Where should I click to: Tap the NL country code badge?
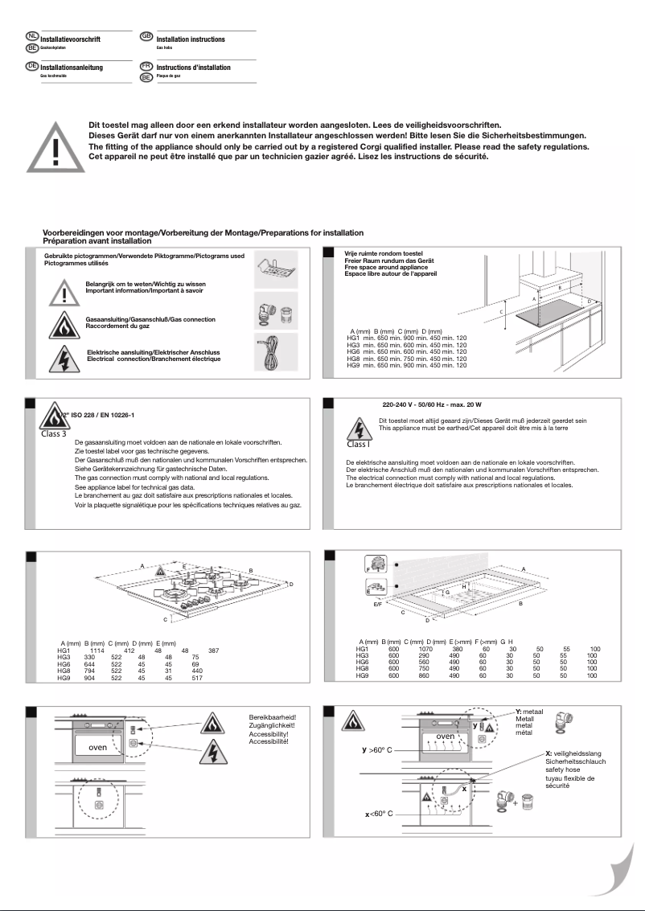click(x=32, y=37)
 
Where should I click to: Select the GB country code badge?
click(x=146, y=37)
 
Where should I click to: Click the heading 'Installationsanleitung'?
click(x=72, y=68)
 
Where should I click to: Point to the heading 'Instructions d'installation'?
click(x=193, y=68)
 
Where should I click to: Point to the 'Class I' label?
click(x=359, y=443)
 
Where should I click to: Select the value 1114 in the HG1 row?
click(x=97, y=650)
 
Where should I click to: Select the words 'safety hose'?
click(x=564, y=769)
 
